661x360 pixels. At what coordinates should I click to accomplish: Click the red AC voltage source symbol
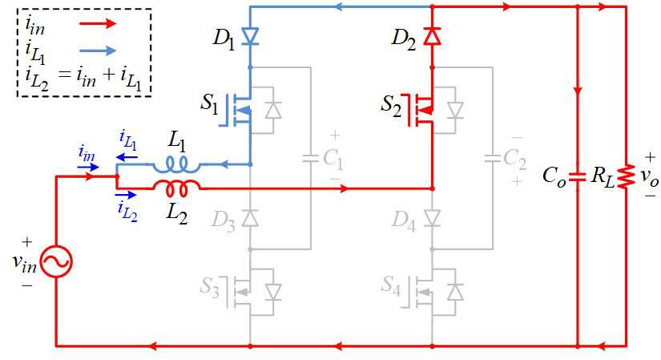(56, 261)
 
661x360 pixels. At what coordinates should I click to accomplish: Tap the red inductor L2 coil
(176, 188)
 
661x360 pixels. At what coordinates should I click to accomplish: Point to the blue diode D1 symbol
(250, 36)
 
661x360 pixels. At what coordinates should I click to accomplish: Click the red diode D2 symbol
(432, 36)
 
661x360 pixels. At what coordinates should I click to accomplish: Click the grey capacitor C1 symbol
(311, 159)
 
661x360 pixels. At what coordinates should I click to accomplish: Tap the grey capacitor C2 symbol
(493, 159)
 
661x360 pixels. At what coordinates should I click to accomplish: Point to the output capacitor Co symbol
(578, 176)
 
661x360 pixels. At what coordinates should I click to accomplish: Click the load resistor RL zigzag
(627, 176)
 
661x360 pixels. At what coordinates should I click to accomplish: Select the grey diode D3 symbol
(250, 218)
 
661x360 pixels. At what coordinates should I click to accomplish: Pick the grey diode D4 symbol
(432, 218)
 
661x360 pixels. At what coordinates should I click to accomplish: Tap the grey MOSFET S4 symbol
(420, 292)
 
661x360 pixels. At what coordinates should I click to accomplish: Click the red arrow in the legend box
(98, 23)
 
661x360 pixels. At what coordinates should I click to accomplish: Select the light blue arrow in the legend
(98, 51)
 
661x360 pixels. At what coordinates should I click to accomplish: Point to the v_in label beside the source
(25, 261)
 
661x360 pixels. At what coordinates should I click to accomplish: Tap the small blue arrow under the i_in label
(88, 167)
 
